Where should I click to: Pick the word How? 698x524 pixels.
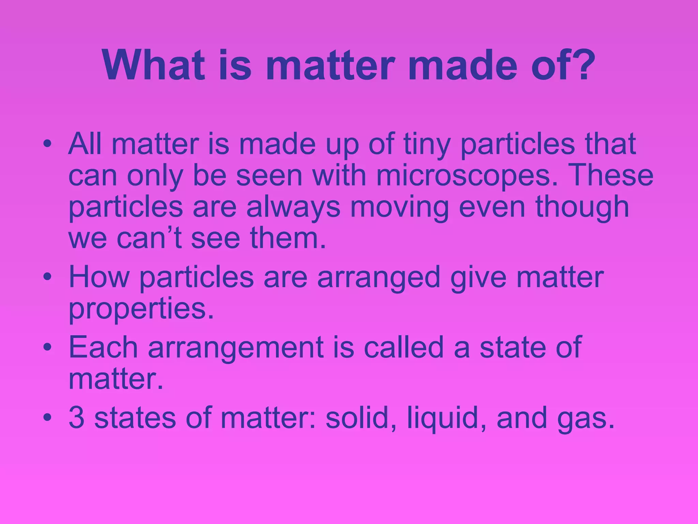point(99,277)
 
